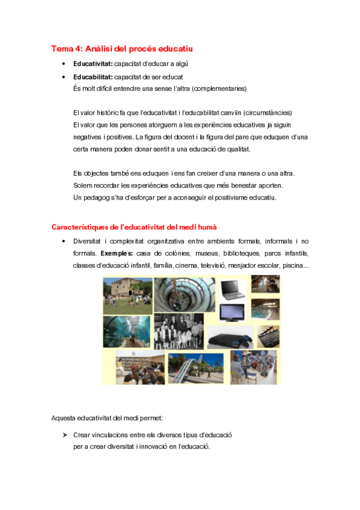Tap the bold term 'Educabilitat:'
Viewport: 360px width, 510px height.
click(93, 77)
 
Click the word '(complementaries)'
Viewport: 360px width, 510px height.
click(218, 88)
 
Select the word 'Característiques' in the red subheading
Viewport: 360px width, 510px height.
click(80, 227)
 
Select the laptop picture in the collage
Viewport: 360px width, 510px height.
click(231, 289)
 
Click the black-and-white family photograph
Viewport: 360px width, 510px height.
click(178, 330)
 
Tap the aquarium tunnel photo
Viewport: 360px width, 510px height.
click(126, 331)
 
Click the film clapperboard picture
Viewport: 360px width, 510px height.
click(268, 337)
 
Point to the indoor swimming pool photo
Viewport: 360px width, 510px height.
click(265, 309)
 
